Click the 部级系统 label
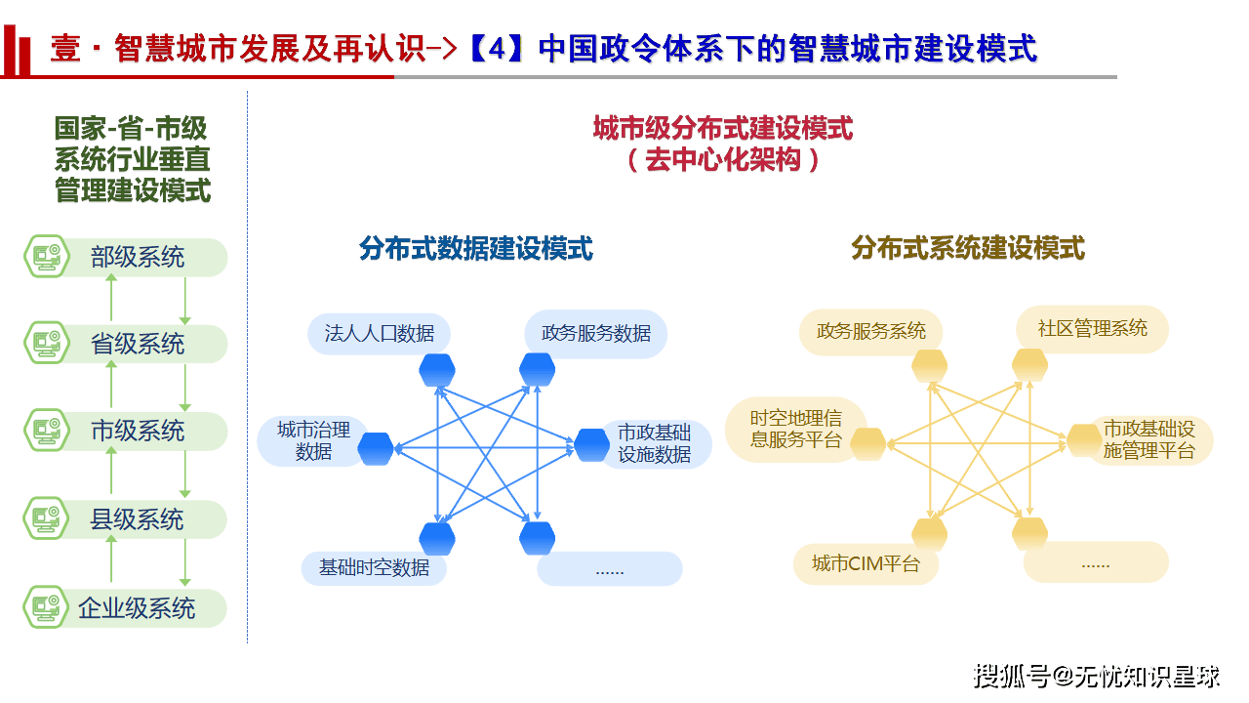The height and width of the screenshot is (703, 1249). pos(138,258)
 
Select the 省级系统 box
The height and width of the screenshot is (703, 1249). pos(138,345)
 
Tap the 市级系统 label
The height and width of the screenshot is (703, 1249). pos(138,432)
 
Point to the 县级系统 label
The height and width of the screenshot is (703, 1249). pos(138,519)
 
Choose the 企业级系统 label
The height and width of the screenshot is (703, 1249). pos(138,608)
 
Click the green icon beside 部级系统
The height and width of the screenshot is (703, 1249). pos(46,257)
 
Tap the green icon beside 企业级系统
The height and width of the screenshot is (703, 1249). pos(46,607)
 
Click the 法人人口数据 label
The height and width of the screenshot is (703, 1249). pos(380,333)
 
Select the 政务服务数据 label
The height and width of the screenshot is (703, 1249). pos(596,333)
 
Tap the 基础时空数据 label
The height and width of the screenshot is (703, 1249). pos(374,567)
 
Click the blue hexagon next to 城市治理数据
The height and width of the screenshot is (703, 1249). pos(376,448)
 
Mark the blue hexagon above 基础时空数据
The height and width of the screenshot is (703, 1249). pos(437,538)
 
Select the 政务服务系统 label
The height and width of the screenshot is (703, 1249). pos(871,331)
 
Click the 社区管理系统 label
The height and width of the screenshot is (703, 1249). pos(1093,328)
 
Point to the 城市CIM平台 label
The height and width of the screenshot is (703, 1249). pos(866,563)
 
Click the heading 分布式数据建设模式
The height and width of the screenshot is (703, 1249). pos(476,249)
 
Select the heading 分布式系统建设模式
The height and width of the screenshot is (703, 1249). pos(968,248)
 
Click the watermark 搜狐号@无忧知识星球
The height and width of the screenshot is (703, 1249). pos(1098,675)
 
